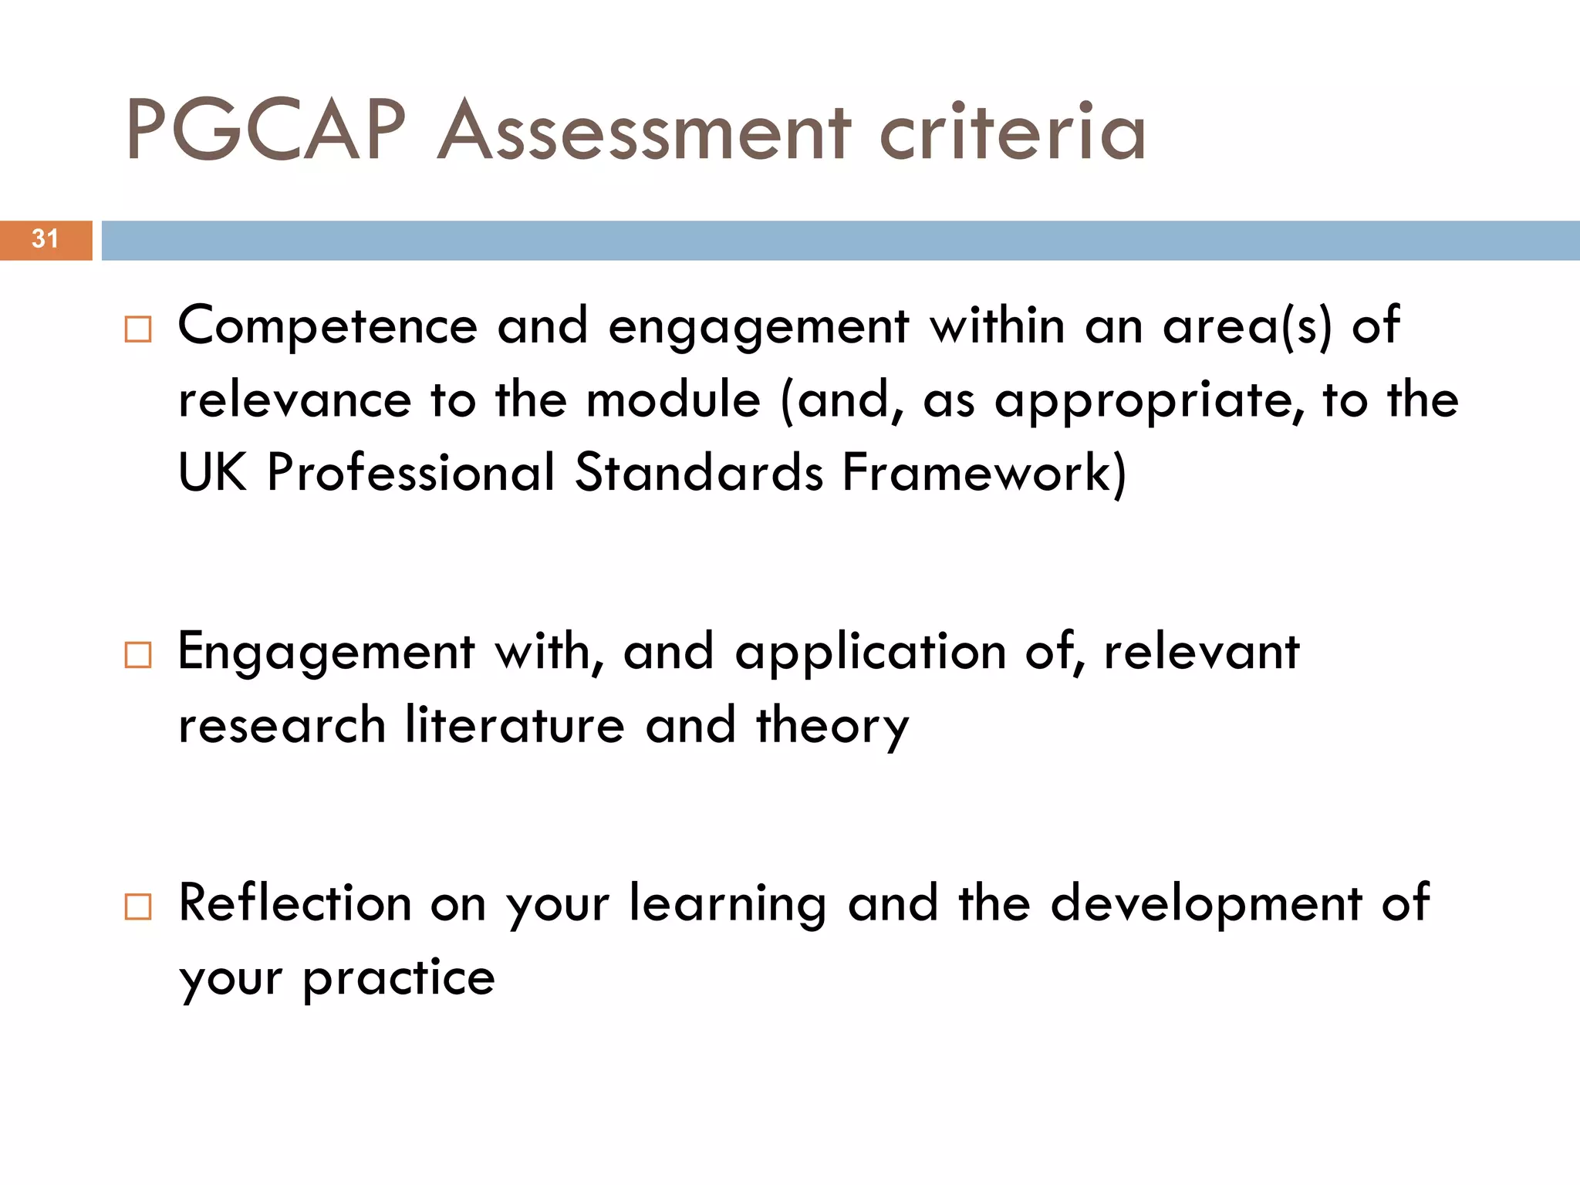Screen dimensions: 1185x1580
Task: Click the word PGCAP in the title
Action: pyautogui.click(x=266, y=131)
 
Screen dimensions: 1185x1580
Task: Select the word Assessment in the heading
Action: pyautogui.click(x=644, y=131)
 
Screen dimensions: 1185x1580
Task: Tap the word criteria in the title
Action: pyautogui.click(x=1012, y=131)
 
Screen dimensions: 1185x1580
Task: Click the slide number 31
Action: pyautogui.click(x=46, y=239)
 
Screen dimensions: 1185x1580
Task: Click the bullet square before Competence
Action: pyautogui.click(x=138, y=329)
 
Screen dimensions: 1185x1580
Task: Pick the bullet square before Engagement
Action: pyautogui.click(x=138, y=655)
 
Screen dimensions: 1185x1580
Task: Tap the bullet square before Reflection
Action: pyautogui.click(x=138, y=906)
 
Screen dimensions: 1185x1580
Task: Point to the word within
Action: pyautogui.click(x=998, y=326)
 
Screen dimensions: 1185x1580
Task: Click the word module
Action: pyautogui.click(x=674, y=400)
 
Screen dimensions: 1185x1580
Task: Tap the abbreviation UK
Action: pyautogui.click(x=213, y=472)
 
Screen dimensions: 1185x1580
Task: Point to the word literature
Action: pyautogui.click(x=515, y=726)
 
